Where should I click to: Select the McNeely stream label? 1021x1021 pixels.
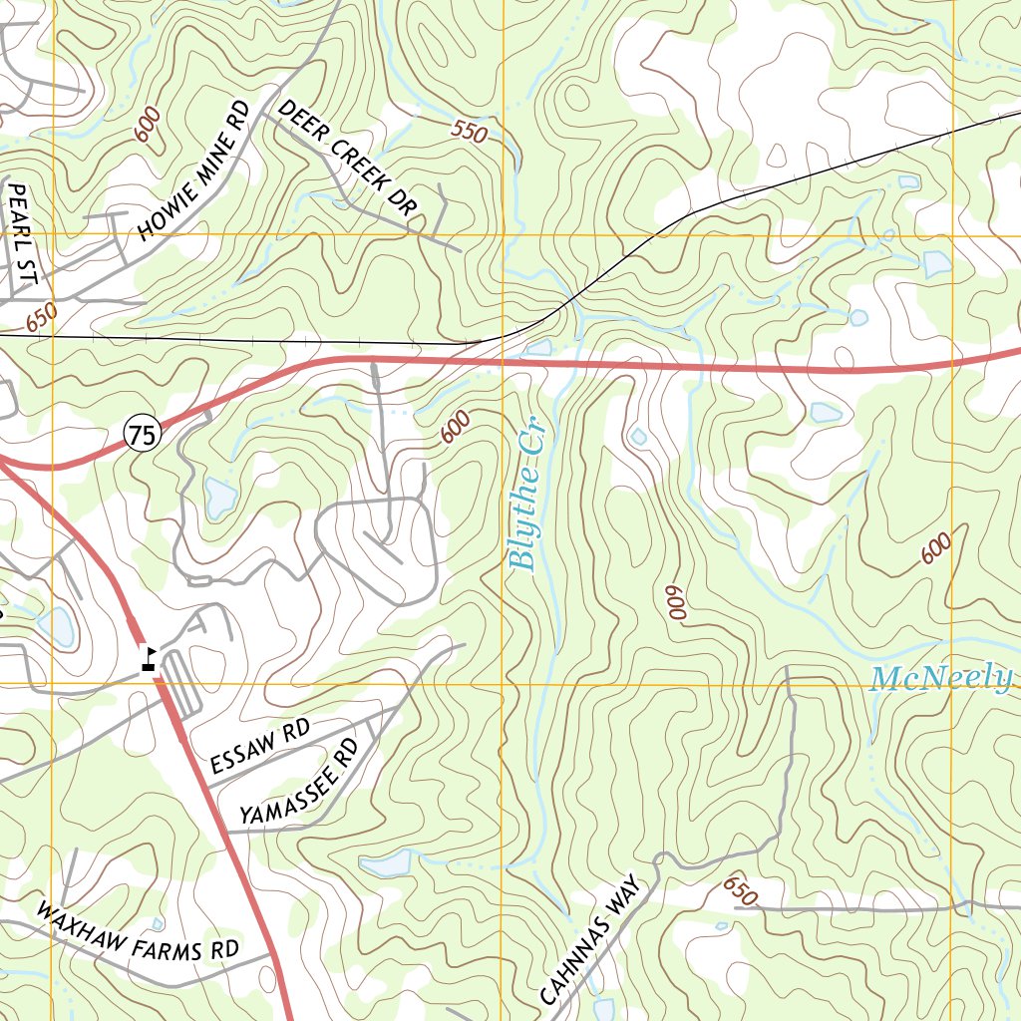point(940,680)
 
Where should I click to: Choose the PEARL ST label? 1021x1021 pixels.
point(21,233)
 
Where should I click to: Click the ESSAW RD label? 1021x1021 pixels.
point(260,748)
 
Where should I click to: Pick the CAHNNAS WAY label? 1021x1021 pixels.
point(594,941)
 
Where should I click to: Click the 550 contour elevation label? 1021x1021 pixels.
point(469,131)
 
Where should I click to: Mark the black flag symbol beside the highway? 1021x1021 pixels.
point(149,659)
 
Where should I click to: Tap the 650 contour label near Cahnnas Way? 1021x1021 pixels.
point(741,890)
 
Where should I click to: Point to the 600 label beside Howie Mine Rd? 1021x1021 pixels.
point(148,128)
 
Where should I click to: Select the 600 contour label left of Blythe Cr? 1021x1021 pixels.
point(454,429)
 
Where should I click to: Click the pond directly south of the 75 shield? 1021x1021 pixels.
point(219,498)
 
